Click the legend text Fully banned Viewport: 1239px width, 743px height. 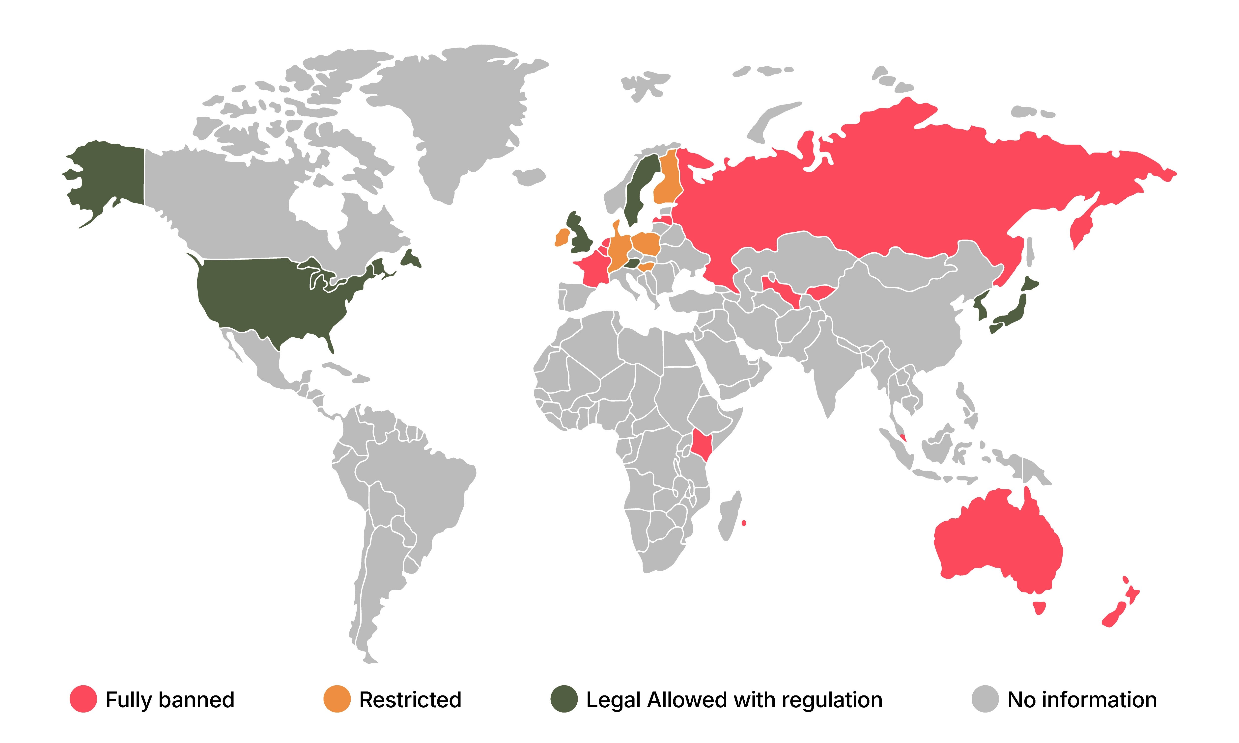click(170, 699)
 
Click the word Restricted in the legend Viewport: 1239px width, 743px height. click(410, 699)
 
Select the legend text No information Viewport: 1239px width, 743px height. click(1082, 699)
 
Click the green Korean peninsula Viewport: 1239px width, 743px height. click(981, 306)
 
